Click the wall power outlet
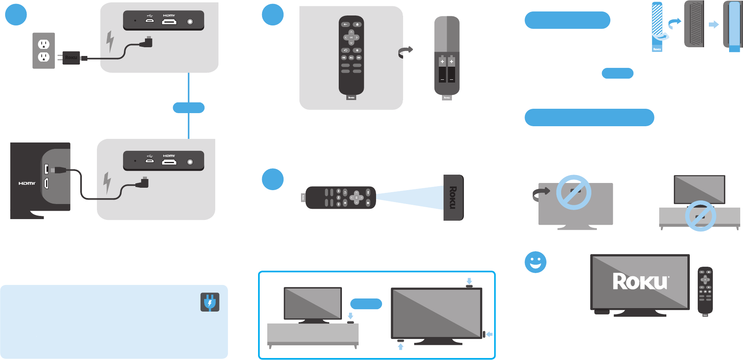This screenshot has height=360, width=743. coord(44,50)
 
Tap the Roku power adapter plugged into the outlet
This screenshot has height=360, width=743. coord(71,58)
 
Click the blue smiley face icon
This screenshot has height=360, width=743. coord(535,262)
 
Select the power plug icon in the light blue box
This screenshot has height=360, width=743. coord(210,302)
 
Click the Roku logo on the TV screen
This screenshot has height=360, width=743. coord(640,281)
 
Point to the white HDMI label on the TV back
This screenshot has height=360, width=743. coord(27,183)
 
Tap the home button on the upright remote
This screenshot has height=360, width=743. coord(357,24)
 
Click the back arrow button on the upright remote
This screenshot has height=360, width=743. coord(345,24)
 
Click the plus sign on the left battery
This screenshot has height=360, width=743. coord(442,62)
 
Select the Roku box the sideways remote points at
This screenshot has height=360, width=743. coord(453,197)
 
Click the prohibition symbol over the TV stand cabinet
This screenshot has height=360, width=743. coord(700,216)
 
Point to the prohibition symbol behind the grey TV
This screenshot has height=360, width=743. coord(573,192)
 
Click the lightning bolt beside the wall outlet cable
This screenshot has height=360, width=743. coord(110,41)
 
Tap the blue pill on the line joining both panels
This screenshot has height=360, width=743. coord(189,108)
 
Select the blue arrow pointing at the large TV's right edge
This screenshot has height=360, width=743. coord(490,334)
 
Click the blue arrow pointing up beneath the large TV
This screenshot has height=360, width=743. coord(401,347)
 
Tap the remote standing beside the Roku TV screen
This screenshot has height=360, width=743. coord(705,291)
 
